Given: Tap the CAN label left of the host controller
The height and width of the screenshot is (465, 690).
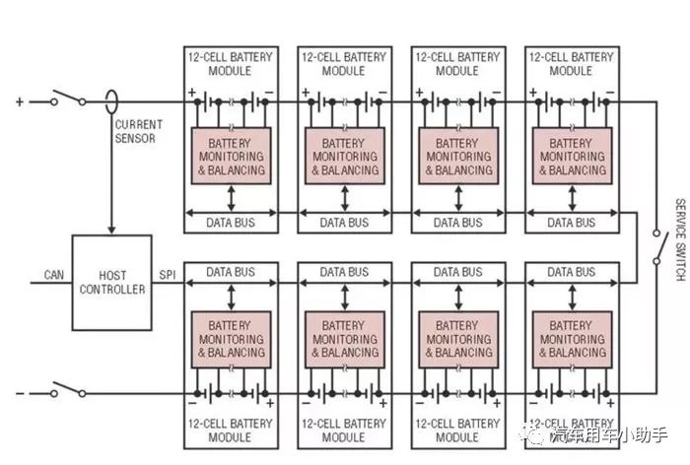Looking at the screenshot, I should point(54,273).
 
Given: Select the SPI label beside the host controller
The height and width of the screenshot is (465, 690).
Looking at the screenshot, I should point(167,273).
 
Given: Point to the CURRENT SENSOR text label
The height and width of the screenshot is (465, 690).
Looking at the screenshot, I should point(138,131).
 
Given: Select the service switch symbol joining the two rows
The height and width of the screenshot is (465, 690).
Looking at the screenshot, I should point(656,245).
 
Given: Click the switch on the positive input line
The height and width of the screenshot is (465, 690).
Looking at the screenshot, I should point(67,99).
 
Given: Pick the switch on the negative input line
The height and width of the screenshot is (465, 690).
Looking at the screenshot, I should point(67,391).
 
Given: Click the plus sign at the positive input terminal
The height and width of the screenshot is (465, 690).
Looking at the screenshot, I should point(19,100).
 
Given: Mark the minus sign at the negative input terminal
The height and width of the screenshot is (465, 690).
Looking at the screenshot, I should point(19,393).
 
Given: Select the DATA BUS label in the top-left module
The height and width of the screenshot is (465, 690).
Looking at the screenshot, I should point(230,223).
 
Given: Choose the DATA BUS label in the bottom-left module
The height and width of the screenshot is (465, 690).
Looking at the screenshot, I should point(230,272).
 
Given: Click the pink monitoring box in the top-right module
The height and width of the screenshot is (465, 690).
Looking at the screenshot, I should point(571,156).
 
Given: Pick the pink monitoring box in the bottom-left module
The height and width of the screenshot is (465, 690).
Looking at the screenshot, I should point(230,339).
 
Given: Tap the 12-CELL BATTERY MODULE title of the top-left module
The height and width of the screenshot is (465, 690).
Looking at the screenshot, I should point(230,64).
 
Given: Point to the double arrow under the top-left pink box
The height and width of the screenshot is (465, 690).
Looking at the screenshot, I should point(231,198).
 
